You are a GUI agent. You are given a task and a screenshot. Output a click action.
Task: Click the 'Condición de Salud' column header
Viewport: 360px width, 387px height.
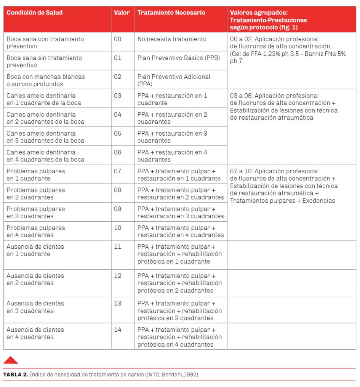pyautogui.click(x=34, y=13)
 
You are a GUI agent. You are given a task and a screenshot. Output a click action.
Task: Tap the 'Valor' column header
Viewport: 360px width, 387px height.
pyautogui.click(x=122, y=13)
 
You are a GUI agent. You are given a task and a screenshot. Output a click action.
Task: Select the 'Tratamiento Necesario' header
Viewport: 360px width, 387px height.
pyautogui.click(x=171, y=13)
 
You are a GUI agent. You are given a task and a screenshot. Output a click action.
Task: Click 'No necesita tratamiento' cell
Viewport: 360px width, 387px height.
pyautogui.click(x=172, y=39)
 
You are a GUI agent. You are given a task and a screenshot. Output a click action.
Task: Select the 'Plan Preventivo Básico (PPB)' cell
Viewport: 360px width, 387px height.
pyautogui.click(x=178, y=58)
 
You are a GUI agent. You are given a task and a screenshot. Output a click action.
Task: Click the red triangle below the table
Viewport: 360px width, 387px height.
pyautogui.click(x=11, y=360)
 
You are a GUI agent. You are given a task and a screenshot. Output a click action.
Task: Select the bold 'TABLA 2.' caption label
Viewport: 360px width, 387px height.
pyautogui.click(x=16, y=374)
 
